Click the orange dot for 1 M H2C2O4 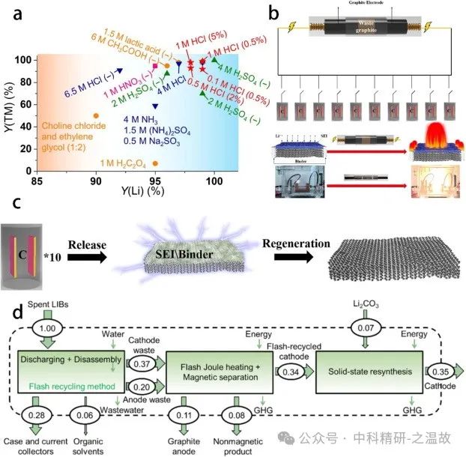coord(155,163)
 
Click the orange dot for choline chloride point coord(95,115)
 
